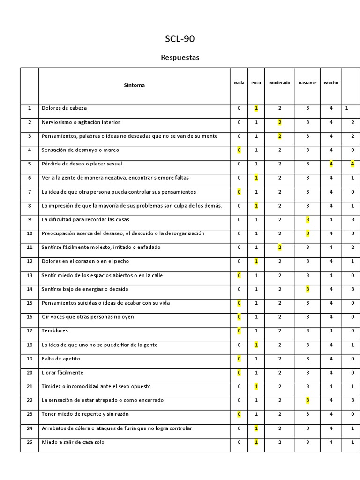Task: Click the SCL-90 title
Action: (180, 39)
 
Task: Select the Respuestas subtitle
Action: (180, 58)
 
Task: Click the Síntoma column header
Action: (134, 85)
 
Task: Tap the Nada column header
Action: (239, 83)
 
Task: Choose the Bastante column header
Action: (307, 83)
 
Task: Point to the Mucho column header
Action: (331, 83)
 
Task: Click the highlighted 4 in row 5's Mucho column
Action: (331, 164)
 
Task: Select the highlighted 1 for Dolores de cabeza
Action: (256, 108)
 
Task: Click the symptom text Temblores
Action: (55, 331)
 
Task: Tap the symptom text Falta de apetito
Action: (61, 359)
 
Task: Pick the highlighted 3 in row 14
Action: (307, 289)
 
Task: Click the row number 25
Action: (30, 442)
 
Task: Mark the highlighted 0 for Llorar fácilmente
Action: (239, 373)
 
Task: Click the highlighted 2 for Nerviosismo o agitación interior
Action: (280, 122)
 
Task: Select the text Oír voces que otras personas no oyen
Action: (88, 317)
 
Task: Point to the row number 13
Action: (30, 275)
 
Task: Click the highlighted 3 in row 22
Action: (307, 400)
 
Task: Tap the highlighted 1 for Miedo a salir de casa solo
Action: (256, 442)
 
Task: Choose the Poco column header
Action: (256, 83)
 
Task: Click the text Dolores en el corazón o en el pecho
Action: (85, 261)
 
